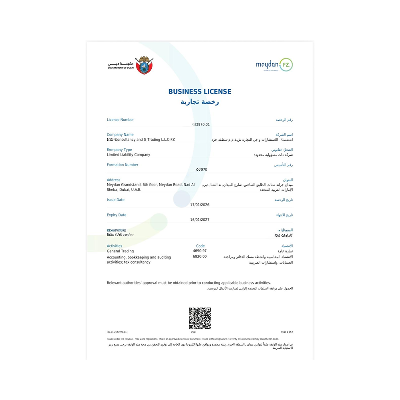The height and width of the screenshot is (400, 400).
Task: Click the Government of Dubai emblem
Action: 144,65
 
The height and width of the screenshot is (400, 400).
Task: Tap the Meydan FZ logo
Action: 274,65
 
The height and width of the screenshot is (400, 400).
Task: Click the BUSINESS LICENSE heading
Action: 200,92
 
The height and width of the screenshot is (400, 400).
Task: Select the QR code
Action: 200,318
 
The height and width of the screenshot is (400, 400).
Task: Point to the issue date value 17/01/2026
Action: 200,205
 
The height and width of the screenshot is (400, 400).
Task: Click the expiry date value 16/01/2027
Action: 200,220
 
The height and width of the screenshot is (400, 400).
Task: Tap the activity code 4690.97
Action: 200,251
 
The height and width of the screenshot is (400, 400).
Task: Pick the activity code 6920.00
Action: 200,256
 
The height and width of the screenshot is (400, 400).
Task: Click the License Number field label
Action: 120,120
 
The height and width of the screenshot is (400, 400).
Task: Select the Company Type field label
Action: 119,150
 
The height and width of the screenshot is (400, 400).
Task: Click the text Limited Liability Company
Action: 129,155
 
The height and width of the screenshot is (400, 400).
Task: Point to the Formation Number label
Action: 123,165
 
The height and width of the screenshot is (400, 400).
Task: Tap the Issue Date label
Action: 115,200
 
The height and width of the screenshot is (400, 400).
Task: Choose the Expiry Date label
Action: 117,215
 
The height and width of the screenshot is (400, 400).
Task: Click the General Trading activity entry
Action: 120,251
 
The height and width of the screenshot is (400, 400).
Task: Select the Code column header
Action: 200,246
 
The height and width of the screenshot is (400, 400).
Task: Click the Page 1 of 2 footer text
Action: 287,332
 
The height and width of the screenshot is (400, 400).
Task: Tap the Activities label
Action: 115,246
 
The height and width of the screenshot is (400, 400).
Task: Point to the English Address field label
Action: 113,180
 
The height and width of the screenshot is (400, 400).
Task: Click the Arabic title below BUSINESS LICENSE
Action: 200,102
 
